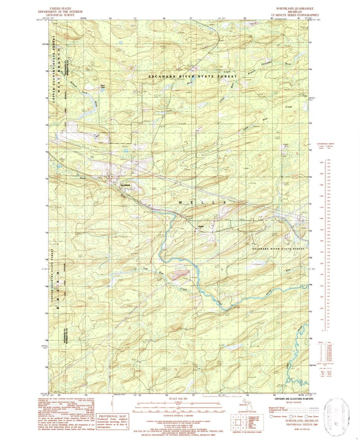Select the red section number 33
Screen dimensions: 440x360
[x=173, y=153]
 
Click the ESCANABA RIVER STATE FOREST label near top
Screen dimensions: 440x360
[x=193, y=76]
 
